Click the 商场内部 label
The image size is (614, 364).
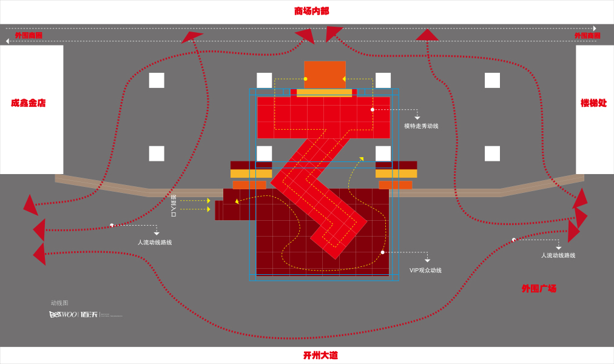coord(311,11)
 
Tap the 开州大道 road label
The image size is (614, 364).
coord(320,355)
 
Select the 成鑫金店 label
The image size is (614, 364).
coord(28,103)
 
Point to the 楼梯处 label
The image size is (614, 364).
coord(593,103)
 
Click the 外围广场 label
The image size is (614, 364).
coord(539,289)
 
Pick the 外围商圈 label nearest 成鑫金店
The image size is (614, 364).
coord(29,36)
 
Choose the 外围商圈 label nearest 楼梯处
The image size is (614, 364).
coord(587,36)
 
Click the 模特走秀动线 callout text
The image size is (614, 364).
coord(421,126)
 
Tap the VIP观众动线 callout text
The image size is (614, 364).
coord(425,271)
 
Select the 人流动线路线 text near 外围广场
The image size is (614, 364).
coord(558,255)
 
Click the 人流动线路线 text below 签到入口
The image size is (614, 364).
coord(155,243)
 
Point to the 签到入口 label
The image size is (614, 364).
coord(174,206)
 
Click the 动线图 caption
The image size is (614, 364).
coord(59,303)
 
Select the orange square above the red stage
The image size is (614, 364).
coord(325,74)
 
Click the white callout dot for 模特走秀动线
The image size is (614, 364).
coord(373,110)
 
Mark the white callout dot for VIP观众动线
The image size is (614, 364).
coord(382,252)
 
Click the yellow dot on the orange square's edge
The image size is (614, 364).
coord(305,79)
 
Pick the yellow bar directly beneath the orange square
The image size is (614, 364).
coord(324,93)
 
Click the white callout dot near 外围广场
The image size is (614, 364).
coord(514,240)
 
